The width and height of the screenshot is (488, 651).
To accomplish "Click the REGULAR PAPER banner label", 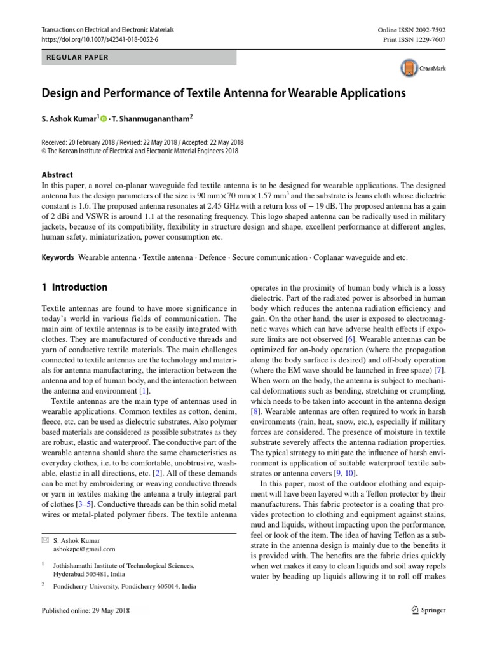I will coord(77,57).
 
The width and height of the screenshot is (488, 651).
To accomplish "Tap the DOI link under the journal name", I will coord(99,39).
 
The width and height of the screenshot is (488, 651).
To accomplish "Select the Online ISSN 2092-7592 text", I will coord(412,30).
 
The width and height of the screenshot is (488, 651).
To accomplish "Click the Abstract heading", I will coord(57,175).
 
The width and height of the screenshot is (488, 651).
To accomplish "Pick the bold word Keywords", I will coord(57,258).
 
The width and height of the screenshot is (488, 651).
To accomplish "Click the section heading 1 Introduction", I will coord(74,287).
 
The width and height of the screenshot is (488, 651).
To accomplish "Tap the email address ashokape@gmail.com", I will coord(85,549).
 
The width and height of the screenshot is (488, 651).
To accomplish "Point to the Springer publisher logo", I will coord(429,610).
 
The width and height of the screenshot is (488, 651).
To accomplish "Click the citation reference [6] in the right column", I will coord(350,339).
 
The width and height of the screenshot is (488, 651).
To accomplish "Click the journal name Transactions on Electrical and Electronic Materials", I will coord(107,30).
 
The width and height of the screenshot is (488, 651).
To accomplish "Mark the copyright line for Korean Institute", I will coord(139,151).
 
